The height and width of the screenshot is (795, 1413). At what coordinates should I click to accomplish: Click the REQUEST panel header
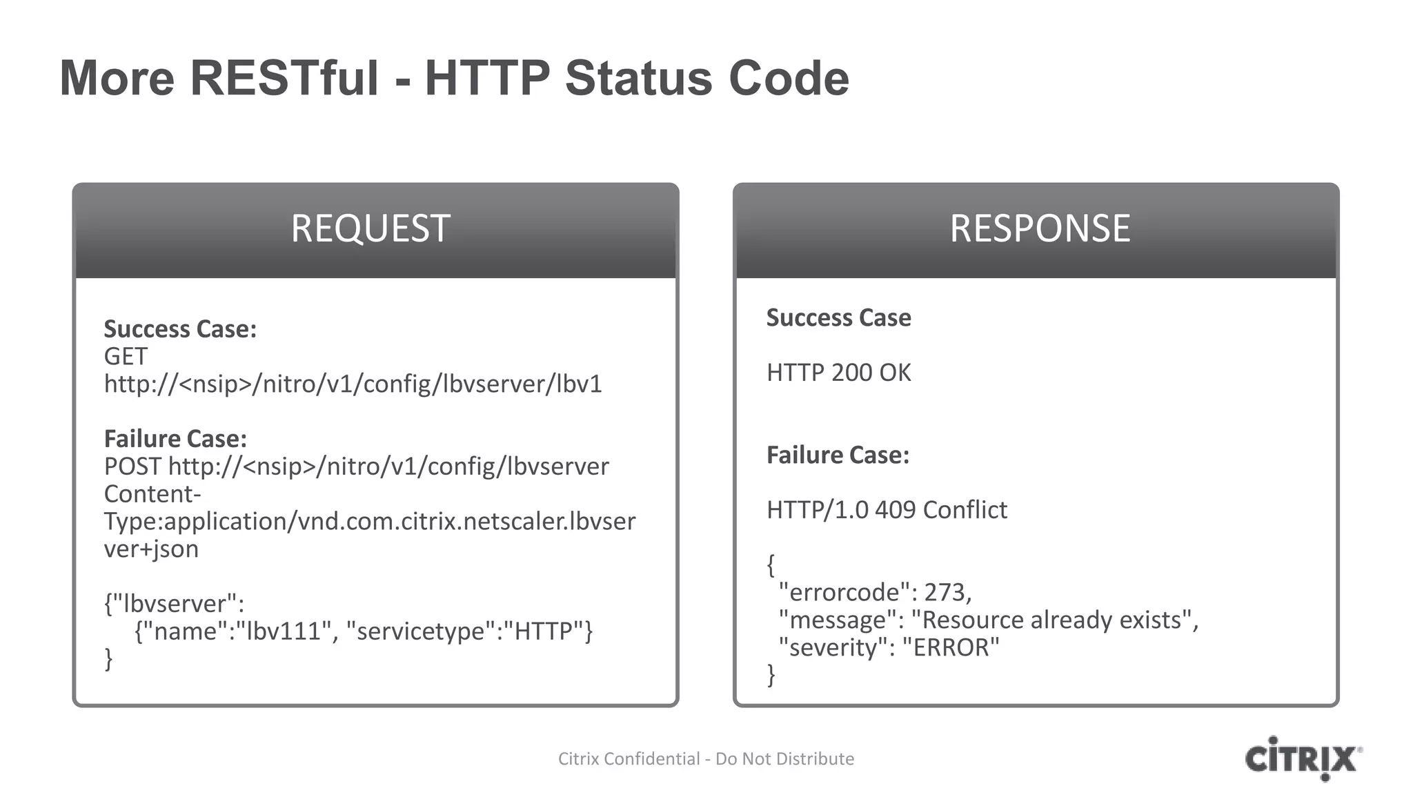[x=370, y=229]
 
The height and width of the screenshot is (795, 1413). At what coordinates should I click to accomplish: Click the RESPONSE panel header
[x=1040, y=229]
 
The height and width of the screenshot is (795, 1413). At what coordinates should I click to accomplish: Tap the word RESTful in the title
[x=284, y=78]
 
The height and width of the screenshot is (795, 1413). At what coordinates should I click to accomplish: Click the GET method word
[x=126, y=357]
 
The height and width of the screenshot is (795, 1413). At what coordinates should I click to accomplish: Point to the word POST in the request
[x=132, y=467]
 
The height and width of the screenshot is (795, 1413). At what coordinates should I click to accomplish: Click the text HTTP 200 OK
[x=838, y=373]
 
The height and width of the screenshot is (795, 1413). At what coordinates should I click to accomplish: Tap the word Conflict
[x=965, y=511]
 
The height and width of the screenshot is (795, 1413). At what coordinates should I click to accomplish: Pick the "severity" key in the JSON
[x=833, y=648]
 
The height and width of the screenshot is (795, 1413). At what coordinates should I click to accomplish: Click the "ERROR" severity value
[x=951, y=648]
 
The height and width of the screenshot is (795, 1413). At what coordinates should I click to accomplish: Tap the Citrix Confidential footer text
[x=706, y=759]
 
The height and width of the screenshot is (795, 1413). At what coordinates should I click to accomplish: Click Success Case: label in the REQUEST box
[x=180, y=329]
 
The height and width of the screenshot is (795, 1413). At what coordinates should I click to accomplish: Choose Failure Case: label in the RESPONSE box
[x=838, y=455]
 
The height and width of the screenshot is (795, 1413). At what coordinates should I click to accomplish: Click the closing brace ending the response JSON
[x=771, y=674]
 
